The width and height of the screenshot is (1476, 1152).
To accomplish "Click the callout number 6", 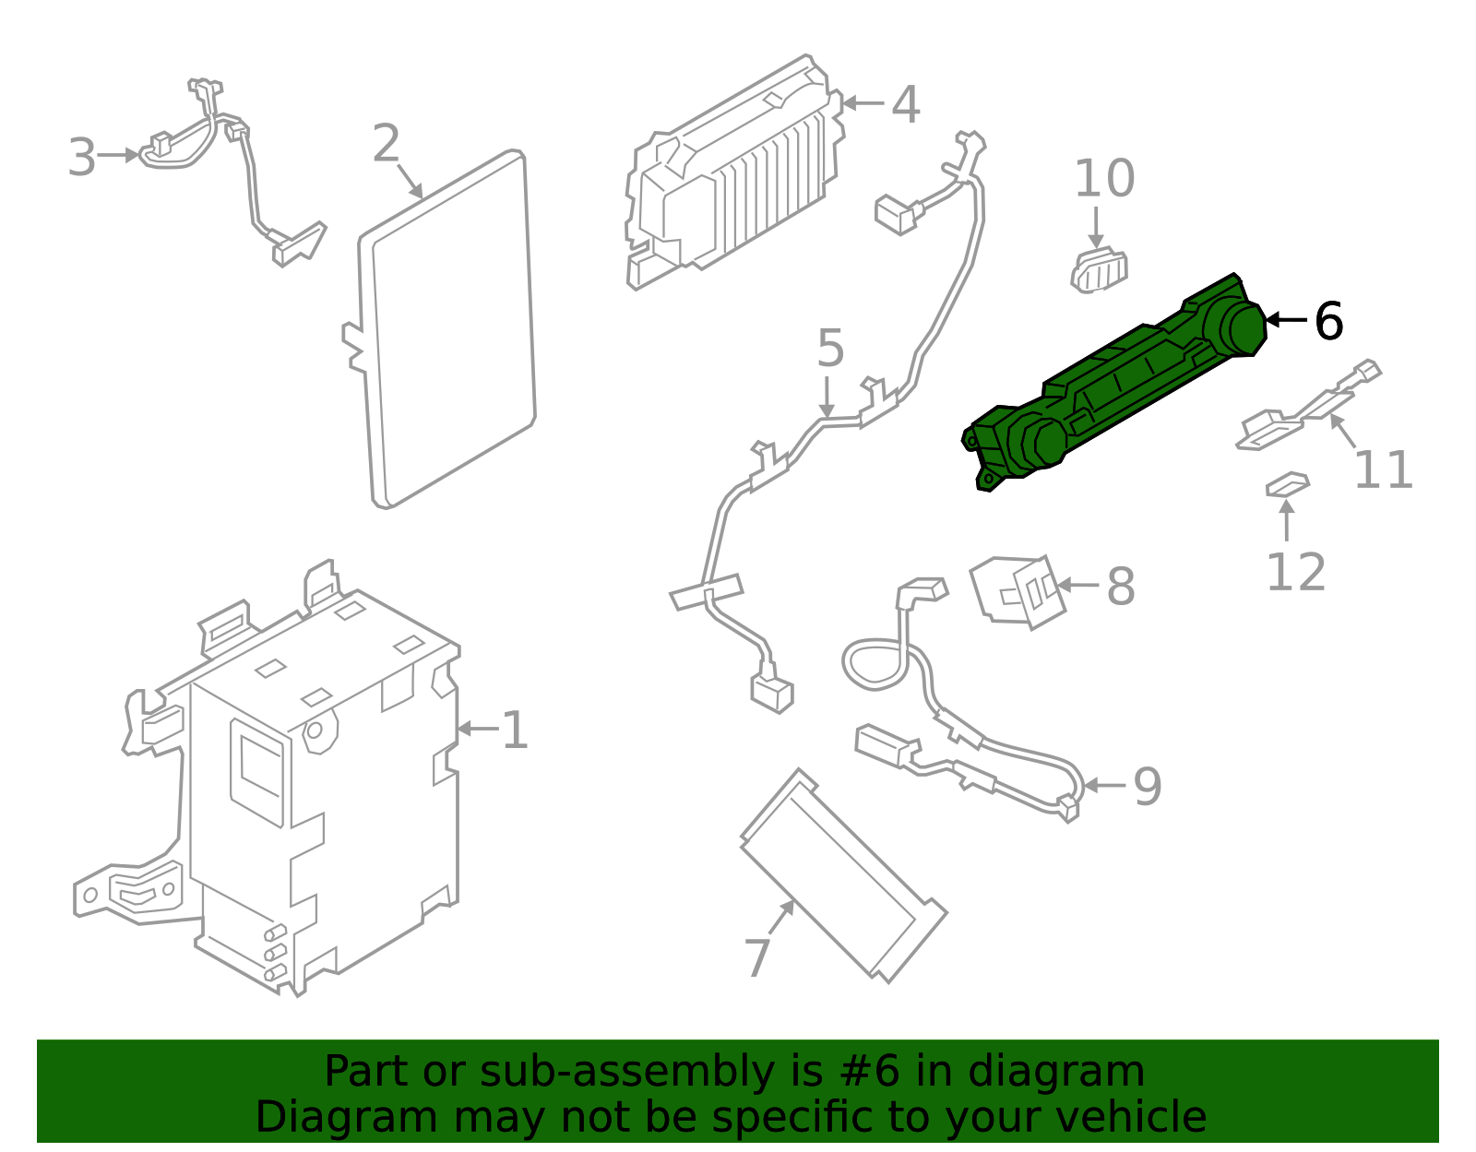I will click(1328, 322).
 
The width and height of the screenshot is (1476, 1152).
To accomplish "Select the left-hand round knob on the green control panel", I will click(1038, 441).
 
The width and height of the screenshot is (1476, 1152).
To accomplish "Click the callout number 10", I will click(1104, 179).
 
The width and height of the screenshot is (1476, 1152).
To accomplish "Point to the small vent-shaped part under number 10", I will click(1099, 270).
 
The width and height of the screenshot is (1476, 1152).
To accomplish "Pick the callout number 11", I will click(1383, 470).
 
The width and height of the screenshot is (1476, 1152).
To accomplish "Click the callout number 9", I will click(1147, 787).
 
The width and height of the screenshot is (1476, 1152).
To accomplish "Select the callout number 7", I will click(757, 958).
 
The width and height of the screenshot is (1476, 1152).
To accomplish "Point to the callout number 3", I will click(81, 158).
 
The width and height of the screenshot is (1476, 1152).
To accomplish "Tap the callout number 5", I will click(830, 349).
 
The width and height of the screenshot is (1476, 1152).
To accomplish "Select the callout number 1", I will click(514, 731).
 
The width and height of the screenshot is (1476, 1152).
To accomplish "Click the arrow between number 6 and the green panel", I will click(1286, 320).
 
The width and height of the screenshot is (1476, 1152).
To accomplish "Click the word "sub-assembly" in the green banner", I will click(579, 1072).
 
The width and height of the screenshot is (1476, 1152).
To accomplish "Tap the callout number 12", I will click(1295, 573).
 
